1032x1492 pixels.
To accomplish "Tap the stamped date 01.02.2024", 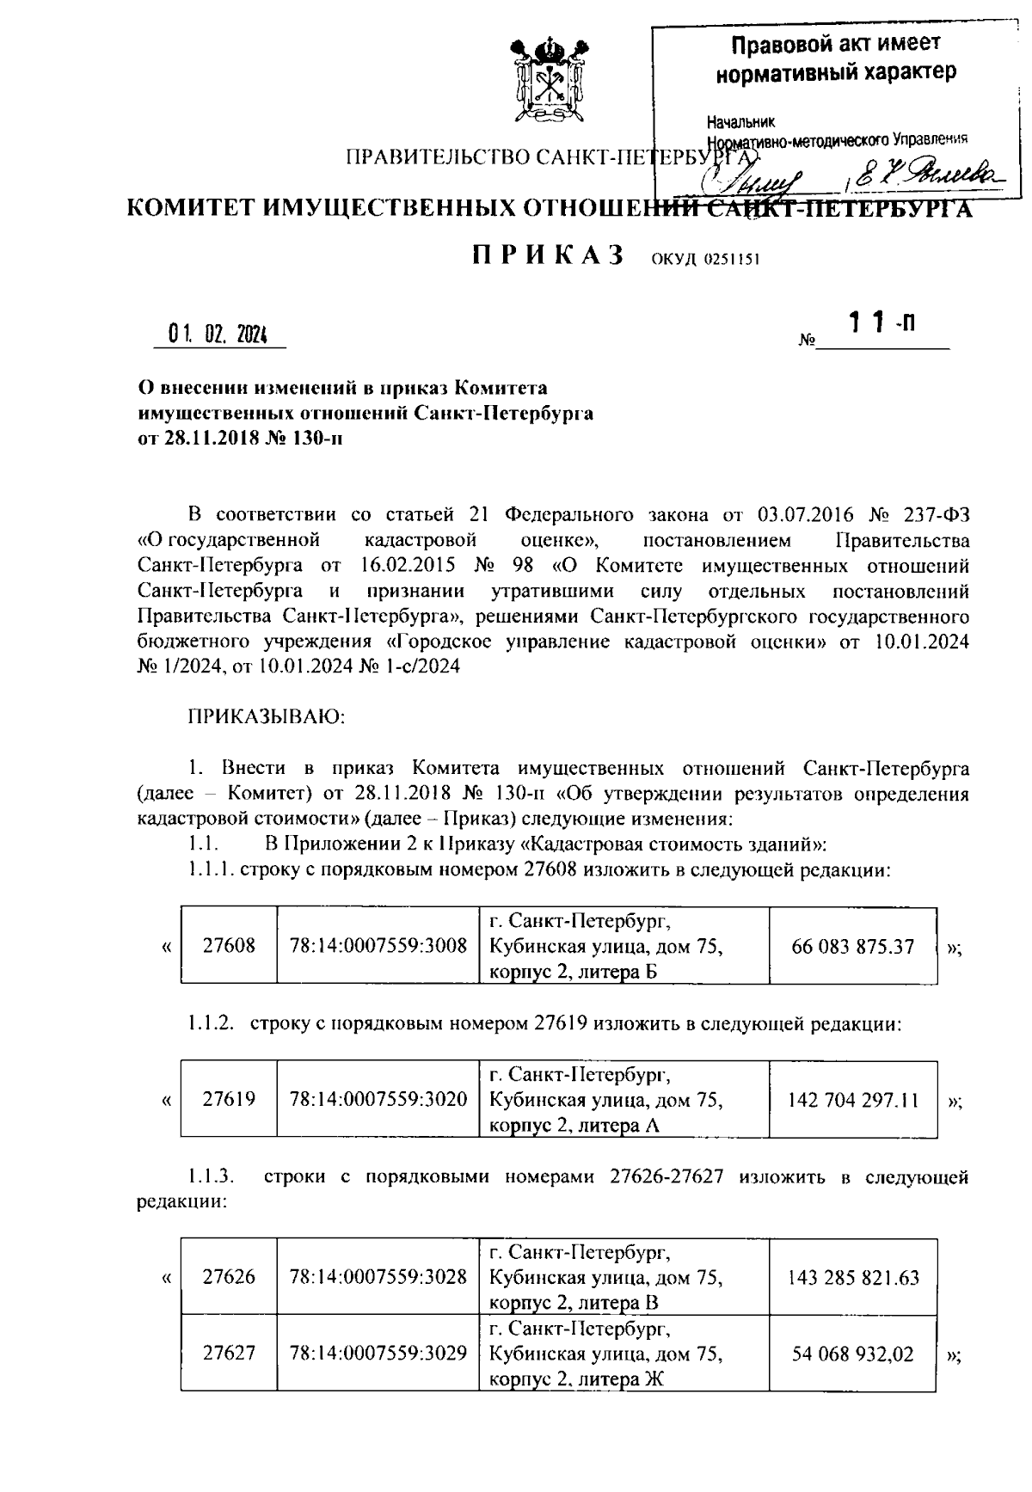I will tap(218, 335).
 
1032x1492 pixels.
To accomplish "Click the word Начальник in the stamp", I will tap(740, 121).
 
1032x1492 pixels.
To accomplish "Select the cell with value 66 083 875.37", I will tap(852, 947).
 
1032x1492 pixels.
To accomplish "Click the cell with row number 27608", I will tap(229, 947).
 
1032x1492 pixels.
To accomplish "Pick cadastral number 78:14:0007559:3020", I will tap(378, 1099).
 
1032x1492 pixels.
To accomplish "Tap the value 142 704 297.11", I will tap(852, 1099).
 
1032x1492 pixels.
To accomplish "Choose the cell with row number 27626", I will tap(229, 1277).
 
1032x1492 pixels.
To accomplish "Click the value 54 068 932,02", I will tap(852, 1354).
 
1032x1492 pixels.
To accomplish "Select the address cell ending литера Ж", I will tap(623, 1354).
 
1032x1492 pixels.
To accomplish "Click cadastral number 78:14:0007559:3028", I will tap(378, 1277).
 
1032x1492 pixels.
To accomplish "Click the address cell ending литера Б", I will tap(623, 947).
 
